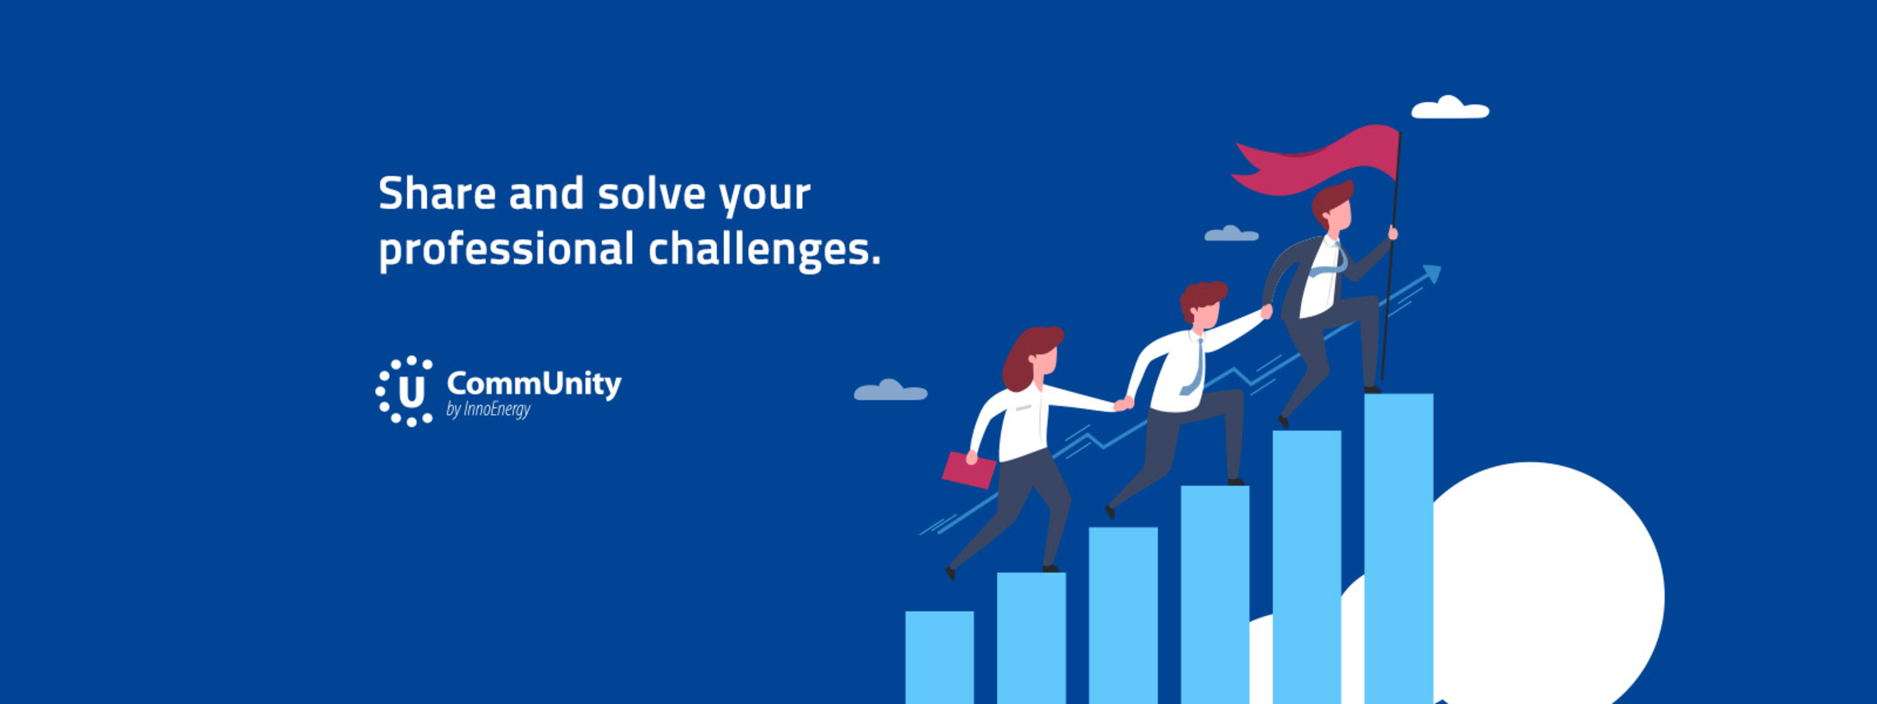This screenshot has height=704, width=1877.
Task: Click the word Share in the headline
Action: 437,194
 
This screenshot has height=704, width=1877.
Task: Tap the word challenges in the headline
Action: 764,249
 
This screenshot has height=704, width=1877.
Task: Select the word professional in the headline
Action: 507,249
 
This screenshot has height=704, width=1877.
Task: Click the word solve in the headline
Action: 651,194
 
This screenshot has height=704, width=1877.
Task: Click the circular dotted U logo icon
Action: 404,391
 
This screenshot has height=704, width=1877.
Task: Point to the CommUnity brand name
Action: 534,384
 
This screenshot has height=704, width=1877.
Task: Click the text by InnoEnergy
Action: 489,409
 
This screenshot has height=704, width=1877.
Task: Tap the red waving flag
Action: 1318,160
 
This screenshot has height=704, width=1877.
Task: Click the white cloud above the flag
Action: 1450,108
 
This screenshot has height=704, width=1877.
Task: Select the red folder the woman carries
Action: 969,470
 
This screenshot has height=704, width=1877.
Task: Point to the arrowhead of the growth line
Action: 1432,274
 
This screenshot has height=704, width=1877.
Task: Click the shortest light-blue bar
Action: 939,657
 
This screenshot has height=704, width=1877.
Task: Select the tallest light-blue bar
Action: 1399,549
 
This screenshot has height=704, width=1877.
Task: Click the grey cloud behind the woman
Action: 891,390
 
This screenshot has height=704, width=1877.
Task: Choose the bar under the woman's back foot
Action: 1031,637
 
